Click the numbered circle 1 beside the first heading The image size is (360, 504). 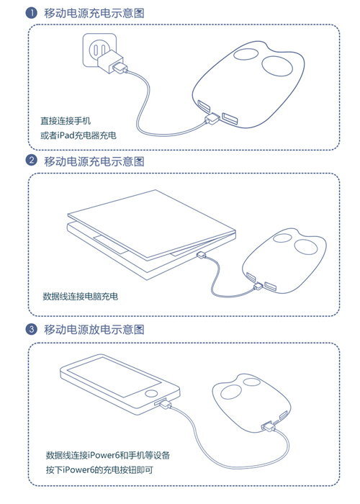(31, 13)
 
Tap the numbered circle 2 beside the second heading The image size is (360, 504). (31, 160)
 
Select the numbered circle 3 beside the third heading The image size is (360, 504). (31, 329)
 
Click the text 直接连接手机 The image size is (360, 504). (66, 121)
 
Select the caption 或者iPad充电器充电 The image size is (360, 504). (78, 135)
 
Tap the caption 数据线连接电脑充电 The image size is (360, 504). (81, 296)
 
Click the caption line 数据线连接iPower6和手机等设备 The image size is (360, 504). (108, 455)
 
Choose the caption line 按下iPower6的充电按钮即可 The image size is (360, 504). (99, 470)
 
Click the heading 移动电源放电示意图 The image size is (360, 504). (94, 330)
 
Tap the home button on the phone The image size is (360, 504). (151, 393)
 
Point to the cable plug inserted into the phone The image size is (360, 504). (164, 403)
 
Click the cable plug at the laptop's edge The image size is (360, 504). (202, 255)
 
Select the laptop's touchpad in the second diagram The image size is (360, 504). (110, 245)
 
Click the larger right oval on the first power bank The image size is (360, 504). (277, 66)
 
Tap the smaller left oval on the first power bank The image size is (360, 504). (246, 54)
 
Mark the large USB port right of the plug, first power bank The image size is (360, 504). (230, 119)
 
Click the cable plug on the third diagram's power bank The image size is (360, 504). (268, 426)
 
